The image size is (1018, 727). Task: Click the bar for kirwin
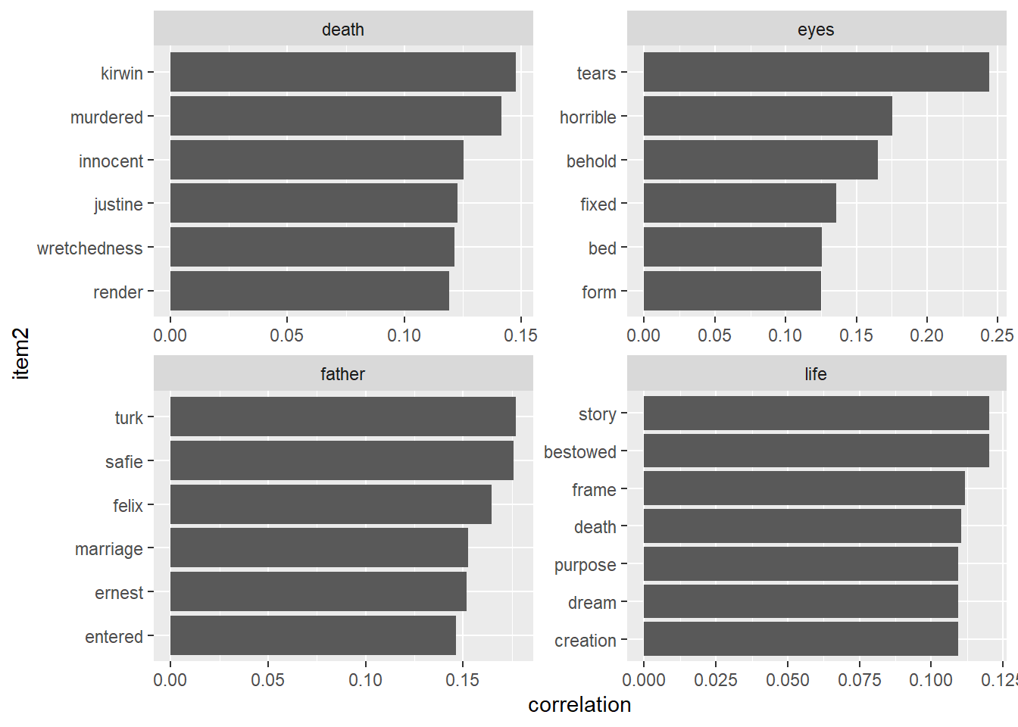click(x=342, y=72)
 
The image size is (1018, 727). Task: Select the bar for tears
click(x=816, y=72)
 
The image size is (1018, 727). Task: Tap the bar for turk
click(x=342, y=417)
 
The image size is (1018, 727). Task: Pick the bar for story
click(x=816, y=413)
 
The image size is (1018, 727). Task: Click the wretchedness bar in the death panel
click(x=312, y=247)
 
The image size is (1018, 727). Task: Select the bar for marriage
click(x=319, y=548)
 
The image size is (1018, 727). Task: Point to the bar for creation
click(x=801, y=639)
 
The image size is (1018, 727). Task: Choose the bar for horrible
click(x=767, y=116)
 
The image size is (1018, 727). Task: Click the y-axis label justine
click(x=118, y=204)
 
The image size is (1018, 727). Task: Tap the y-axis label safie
click(x=124, y=462)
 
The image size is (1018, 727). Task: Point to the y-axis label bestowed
click(x=580, y=452)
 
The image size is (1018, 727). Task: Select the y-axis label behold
click(x=592, y=161)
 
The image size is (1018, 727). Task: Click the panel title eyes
click(x=816, y=30)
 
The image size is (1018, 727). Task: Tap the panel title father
click(x=342, y=374)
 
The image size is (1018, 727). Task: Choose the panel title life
click(x=816, y=374)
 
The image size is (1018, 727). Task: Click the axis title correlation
click(x=579, y=705)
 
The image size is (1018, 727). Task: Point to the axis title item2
click(x=21, y=353)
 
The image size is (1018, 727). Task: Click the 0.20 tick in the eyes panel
click(x=926, y=335)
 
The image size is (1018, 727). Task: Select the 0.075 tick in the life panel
click(x=859, y=680)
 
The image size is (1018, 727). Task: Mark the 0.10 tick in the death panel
click(x=404, y=335)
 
